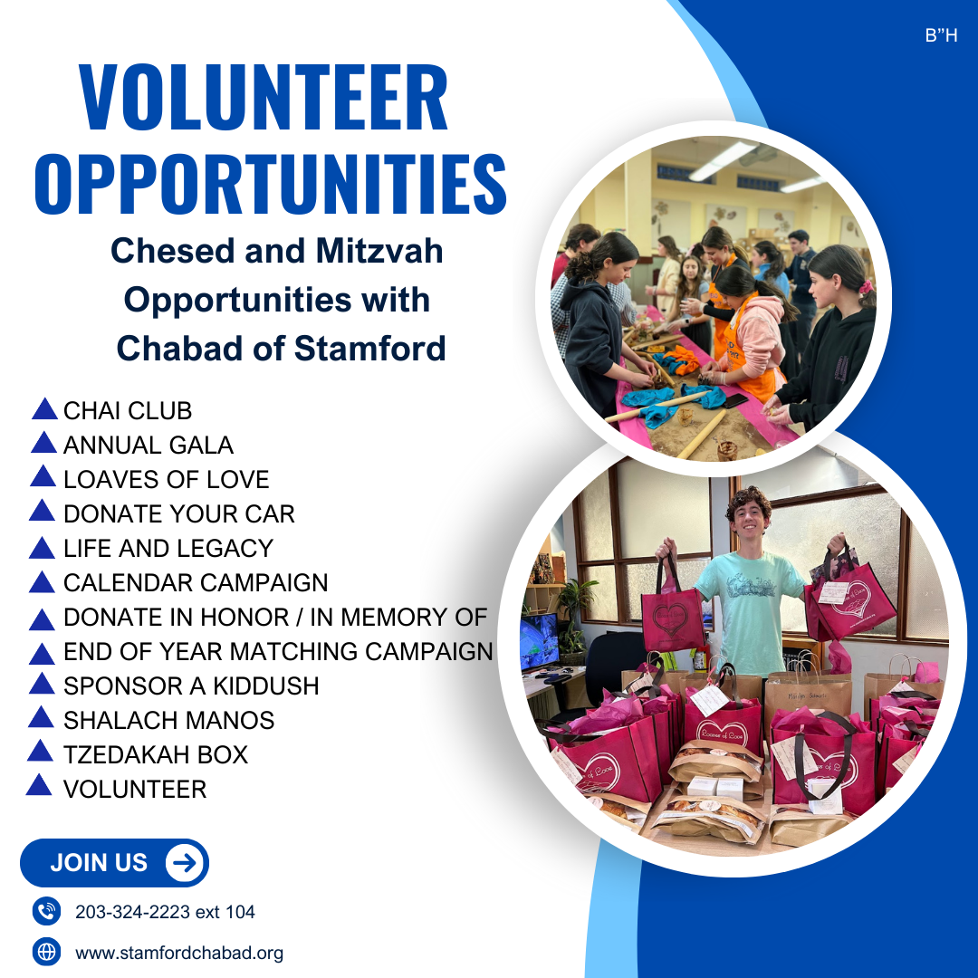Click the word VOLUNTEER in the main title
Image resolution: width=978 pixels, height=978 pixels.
(264, 97)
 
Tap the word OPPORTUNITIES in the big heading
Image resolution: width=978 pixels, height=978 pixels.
(270, 185)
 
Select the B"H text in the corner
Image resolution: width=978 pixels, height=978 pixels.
(941, 35)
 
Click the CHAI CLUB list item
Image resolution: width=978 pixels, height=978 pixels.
(128, 411)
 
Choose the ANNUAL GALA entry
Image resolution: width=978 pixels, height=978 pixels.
(149, 446)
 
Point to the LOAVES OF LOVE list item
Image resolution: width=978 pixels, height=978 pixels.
(167, 480)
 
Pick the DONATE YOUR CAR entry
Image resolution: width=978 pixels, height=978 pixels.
(179, 514)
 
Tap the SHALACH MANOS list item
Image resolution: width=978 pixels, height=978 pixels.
(169, 721)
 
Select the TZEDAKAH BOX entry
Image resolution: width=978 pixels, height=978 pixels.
(156, 754)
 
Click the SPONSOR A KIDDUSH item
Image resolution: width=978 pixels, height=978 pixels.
(191, 686)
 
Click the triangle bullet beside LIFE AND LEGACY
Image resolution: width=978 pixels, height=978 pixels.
(42, 549)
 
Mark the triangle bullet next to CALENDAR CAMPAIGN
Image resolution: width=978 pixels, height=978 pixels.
(42, 583)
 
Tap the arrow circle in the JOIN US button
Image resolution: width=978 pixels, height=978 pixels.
(185, 863)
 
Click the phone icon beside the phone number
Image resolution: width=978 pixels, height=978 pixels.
(46, 911)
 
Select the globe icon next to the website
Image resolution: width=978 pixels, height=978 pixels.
(46, 953)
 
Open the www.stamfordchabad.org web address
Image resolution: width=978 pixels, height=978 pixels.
(179, 953)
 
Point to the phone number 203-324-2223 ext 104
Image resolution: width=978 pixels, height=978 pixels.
(166, 912)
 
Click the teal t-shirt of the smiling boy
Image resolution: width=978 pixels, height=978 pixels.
(750, 611)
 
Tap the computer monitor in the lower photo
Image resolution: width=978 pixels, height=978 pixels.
(540, 642)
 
